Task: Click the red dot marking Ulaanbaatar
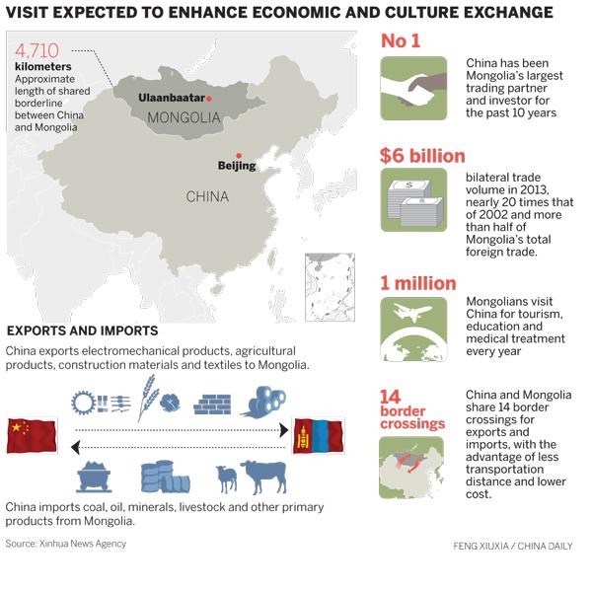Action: (209, 99)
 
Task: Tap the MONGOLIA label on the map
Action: (183, 118)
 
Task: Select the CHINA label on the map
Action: (207, 196)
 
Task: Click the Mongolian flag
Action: (318, 435)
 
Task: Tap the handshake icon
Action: (413, 88)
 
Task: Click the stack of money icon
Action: (413, 200)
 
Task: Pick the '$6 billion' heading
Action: (422, 156)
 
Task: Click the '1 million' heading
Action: (418, 283)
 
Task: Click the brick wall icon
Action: (211, 403)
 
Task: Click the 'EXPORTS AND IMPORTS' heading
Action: (82, 331)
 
